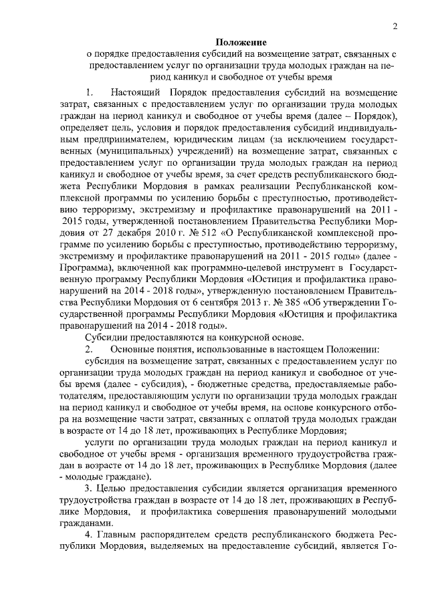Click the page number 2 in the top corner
(x=396, y=27)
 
